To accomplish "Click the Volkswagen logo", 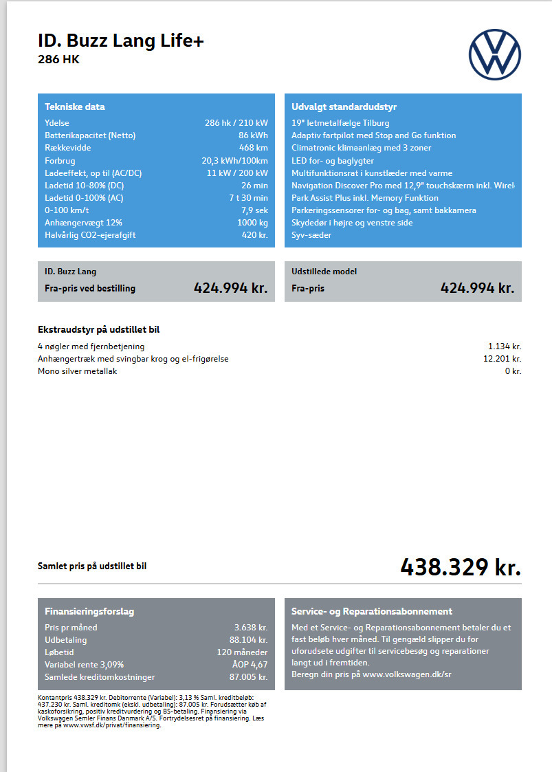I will [x=495, y=54].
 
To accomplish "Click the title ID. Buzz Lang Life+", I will [x=121, y=41].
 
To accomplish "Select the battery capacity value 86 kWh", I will [x=253, y=135].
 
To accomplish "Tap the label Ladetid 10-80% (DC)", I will [x=85, y=186].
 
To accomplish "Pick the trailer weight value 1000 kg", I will [x=253, y=223].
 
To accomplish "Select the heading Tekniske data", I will [x=75, y=107].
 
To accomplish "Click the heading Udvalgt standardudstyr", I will [x=344, y=107].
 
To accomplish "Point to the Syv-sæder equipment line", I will [x=311, y=235].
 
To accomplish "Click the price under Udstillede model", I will [x=477, y=288].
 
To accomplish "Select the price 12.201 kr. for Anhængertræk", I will [x=502, y=359].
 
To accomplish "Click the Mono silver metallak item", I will [x=78, y=371].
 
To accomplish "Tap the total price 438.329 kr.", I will [x=461, y=567].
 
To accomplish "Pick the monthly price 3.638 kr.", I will [x=251, y=628].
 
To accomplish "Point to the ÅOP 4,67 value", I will [x=250, y=665].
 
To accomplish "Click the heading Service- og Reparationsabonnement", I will [x=372, y=611].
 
